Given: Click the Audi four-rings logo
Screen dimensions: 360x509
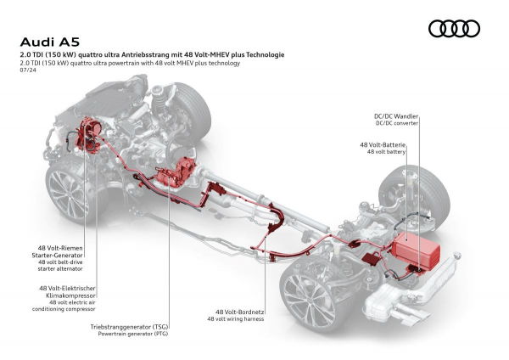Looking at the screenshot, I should click(454, 29).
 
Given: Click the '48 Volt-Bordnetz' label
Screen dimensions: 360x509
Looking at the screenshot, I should click(237, 312).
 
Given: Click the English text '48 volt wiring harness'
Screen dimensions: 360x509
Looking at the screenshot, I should click(237, 319).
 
